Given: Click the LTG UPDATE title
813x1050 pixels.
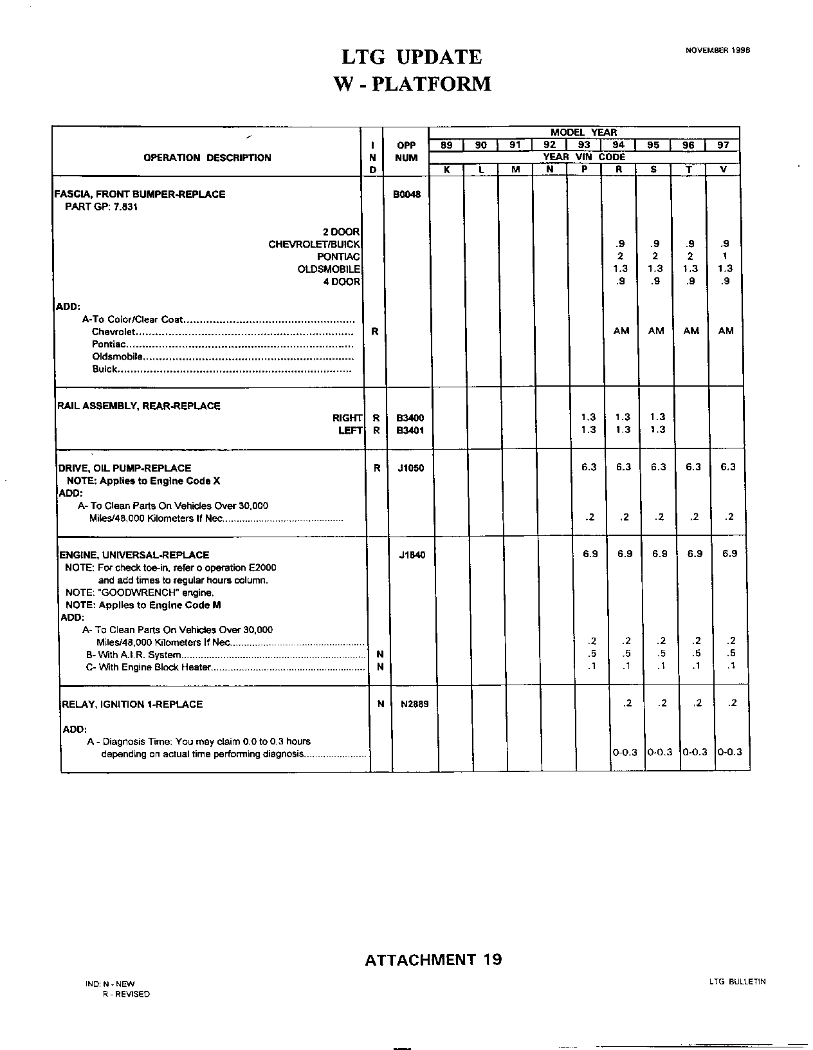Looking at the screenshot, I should click(x=412, y=57).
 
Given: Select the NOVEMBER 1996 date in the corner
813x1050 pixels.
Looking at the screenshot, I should click(x=718, y=50).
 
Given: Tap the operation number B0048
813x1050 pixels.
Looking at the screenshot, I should click(x=406, y=194).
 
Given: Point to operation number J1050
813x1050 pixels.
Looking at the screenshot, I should click(x=411, y=468).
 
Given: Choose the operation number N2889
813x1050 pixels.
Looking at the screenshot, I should click(x=414, y=704).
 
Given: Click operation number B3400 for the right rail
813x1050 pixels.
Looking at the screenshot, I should click(x=410, y=418).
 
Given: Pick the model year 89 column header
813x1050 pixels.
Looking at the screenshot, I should click(x=446, y=145).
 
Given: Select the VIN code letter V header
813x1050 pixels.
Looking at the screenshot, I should click(x=723, y=170).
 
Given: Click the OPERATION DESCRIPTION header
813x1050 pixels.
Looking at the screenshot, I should click(x=207, y=158).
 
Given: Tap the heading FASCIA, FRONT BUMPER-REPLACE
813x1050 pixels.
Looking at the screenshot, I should click(x=140, y=194).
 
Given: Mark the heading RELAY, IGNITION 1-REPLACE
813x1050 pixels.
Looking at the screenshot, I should click(x=132, y=704).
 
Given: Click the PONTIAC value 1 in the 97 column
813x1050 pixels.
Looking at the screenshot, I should click(x=725, y=256).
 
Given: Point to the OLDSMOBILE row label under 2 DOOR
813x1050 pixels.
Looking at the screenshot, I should click(x=329, y=269).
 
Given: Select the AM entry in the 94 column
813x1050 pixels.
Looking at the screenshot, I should click(x=621, y=331).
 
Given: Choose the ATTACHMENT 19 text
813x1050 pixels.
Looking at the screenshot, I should click(x=433, y=960).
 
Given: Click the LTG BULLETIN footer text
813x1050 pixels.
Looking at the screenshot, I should click(x=737, y=982).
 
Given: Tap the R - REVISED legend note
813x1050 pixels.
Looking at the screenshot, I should click(x=126, y=994).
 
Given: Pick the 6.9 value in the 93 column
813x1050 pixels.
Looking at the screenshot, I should click(x=590, y=553).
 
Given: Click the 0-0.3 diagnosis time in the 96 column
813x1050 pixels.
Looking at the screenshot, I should click(x=695, y=751).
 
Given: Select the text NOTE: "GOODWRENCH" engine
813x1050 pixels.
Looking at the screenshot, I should click(x=140, y=593).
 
